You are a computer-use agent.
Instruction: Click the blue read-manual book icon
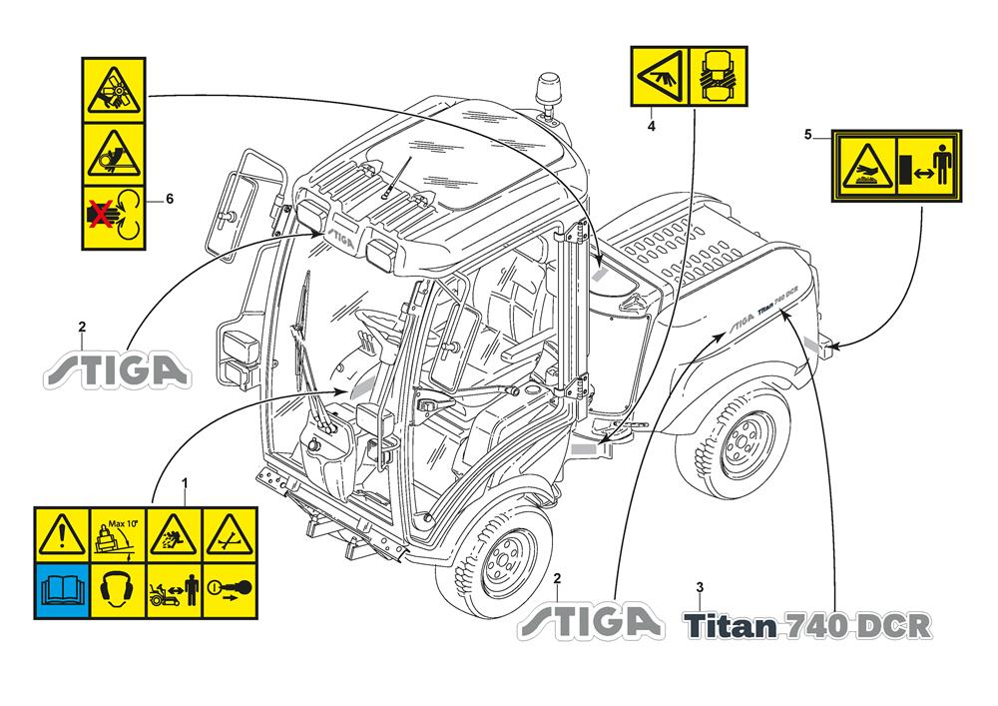click(63, 587)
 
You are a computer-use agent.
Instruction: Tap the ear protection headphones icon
click(118, 587)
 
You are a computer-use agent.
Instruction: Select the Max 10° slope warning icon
click(118, 533)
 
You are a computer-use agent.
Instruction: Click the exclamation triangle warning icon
click(63, 533)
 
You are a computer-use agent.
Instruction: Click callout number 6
click(170, 199)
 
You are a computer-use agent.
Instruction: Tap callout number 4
click(651, 127)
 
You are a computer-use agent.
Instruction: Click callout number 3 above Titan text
click(700, 585)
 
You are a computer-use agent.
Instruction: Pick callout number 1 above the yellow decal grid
click(185, 483)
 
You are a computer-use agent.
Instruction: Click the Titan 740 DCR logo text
click(808, 625)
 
